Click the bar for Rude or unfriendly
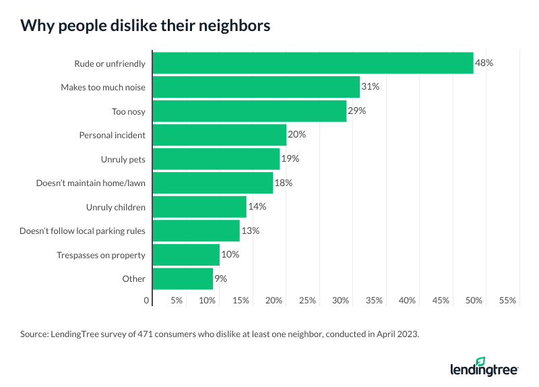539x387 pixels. (x=313, y=63)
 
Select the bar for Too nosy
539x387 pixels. (x=249, y=111)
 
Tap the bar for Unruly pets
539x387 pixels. (x=216, y=158)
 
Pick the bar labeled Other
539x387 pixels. (x=183, y=278)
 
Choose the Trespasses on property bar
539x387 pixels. (x=186, y=254)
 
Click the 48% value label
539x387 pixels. (x=484, y=63)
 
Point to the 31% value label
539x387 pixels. (x=370, y=87)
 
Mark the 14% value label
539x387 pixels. (x=257, y=206)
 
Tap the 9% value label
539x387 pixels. (x=220, y=278)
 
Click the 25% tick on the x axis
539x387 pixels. (x=307, y=300)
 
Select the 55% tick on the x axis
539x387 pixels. (x=508, y=300)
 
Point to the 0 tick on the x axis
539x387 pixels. (x=147, y=300)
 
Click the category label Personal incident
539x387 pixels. (x=112, y=135)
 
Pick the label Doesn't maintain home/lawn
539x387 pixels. (x=90, y=183)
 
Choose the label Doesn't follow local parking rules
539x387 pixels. (x=82, y=231)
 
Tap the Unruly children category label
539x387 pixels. (x=115, y=206)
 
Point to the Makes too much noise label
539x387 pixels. (x=102, y=87)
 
